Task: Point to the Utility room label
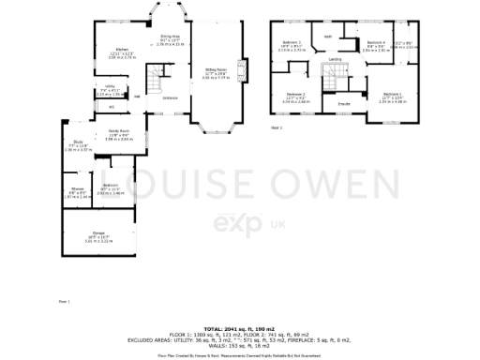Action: (109, 87)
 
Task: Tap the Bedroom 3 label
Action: (292, 43)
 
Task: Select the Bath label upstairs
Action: (328, 37)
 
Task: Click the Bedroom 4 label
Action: (376, 42)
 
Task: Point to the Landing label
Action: (335, 58)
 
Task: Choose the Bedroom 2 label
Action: (295, 94)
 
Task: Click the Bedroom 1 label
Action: (391, 94)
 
